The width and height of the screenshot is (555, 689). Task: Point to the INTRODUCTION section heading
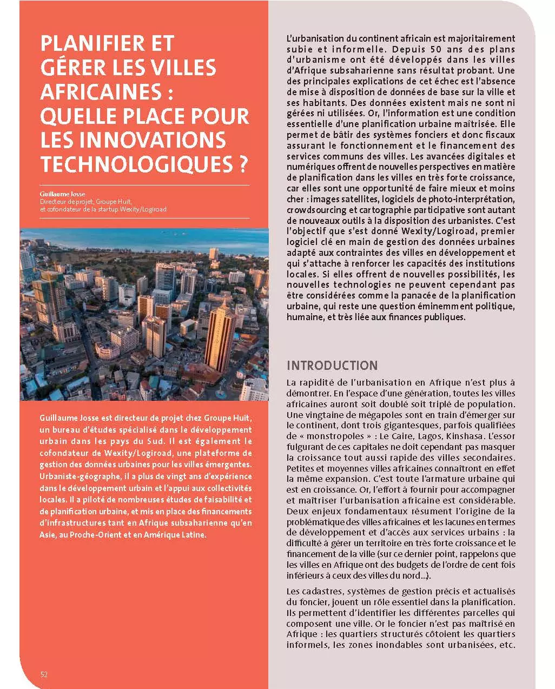(332, 365)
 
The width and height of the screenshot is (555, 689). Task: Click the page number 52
(44, 674)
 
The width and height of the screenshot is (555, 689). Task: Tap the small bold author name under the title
(62, 194)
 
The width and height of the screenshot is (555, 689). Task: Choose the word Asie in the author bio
(47, 535)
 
